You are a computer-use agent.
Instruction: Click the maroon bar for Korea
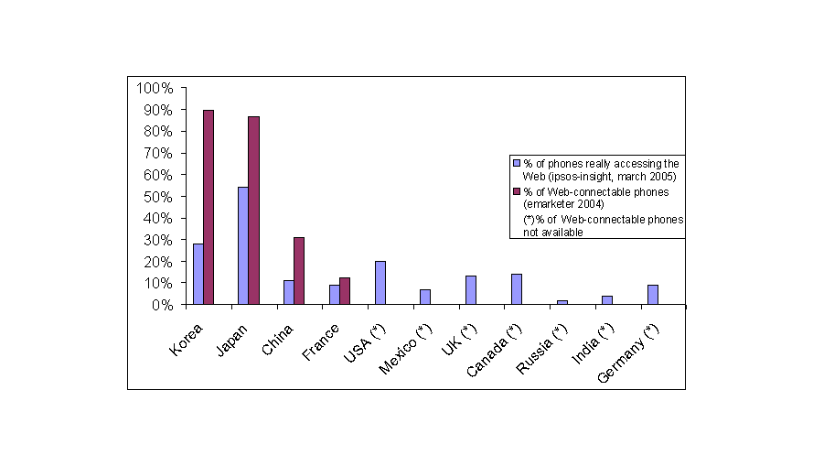click(x=209, y=207)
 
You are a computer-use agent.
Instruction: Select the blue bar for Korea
click(x=198, y=274)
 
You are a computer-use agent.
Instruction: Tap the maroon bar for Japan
click(x=253, y=211)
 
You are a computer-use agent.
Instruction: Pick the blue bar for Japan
click(x=242, y=245)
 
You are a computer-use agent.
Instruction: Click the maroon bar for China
click(x=299, y=271)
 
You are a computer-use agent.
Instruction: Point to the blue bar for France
click(x=334, y=294)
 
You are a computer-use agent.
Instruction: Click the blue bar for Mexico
click(x=425, y=297)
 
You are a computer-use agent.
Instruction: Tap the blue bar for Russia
click(x=562, y=302)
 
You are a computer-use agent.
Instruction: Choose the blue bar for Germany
click(x=653, y=294)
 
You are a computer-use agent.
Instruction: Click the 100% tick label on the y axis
click(x=154, y=88)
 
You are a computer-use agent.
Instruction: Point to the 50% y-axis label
click(x=156, y=197)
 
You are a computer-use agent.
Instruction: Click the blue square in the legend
click(x=516, y=163)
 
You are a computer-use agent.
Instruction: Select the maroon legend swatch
click(x=516, y=191)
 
